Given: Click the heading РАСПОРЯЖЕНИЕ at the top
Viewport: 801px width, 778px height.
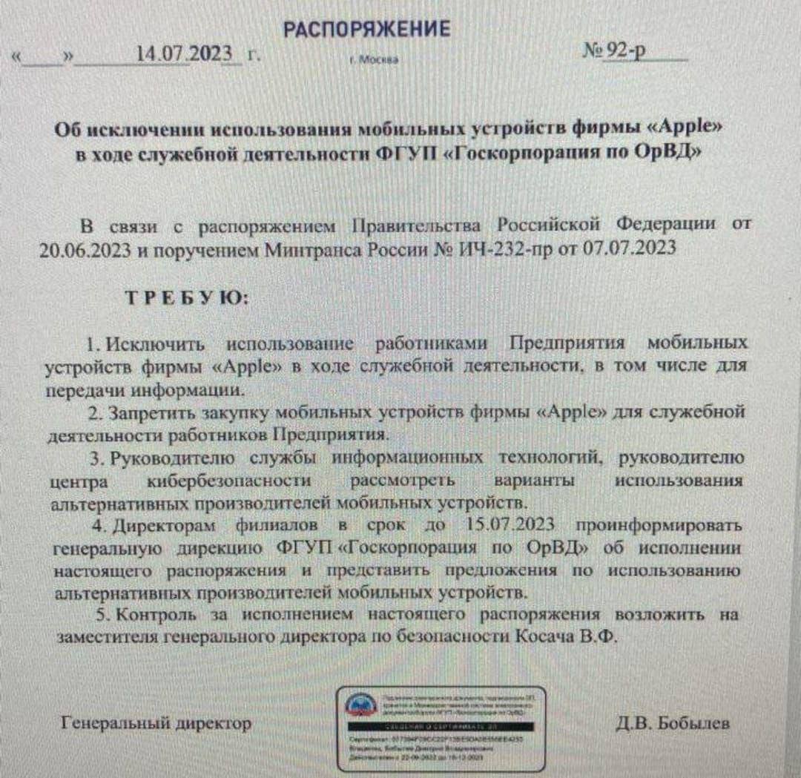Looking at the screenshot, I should click(x=366, y=29).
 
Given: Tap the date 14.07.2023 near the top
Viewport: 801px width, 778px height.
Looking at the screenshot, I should click(x=185, y=54).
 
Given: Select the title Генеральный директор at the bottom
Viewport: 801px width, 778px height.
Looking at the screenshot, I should click(x=156, y=722).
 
